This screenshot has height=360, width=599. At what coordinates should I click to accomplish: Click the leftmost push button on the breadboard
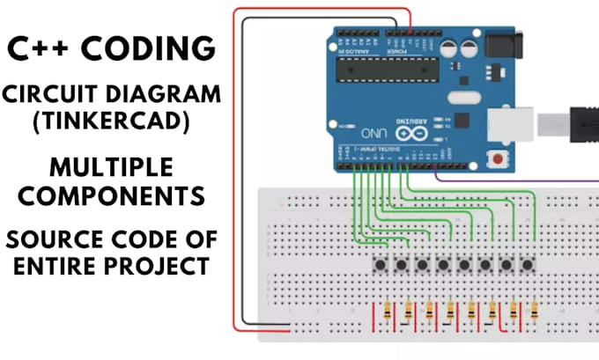(x=381, y=264)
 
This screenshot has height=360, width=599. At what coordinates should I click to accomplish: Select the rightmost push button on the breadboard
(x=527, y=264)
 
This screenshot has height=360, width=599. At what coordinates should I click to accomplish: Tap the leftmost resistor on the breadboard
(x=388, y=312)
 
